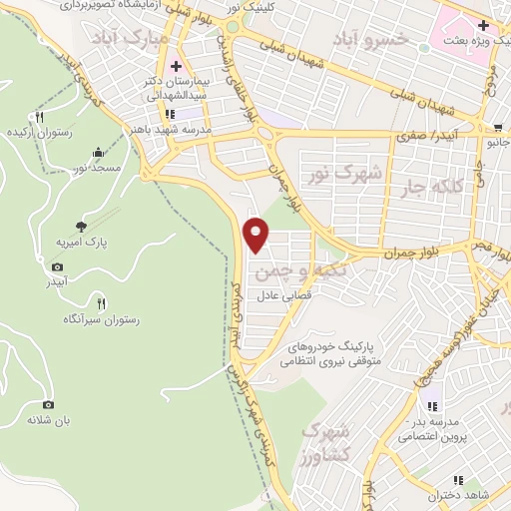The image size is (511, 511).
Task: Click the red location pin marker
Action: tap(257, 233)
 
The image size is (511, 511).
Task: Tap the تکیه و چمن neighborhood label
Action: tap(300, 270)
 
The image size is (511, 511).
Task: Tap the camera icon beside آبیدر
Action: tap(57, 267)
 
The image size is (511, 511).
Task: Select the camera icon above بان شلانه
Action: tap(48, 404)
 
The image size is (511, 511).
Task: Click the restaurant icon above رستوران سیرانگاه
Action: tap(100, 301)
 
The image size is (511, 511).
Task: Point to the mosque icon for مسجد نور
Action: tap(98, 153)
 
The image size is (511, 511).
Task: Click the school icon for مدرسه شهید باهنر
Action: tap(182, 114)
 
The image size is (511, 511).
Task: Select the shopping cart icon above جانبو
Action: tap(498, 127)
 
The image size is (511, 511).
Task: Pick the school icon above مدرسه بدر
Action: tap(432, 405)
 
